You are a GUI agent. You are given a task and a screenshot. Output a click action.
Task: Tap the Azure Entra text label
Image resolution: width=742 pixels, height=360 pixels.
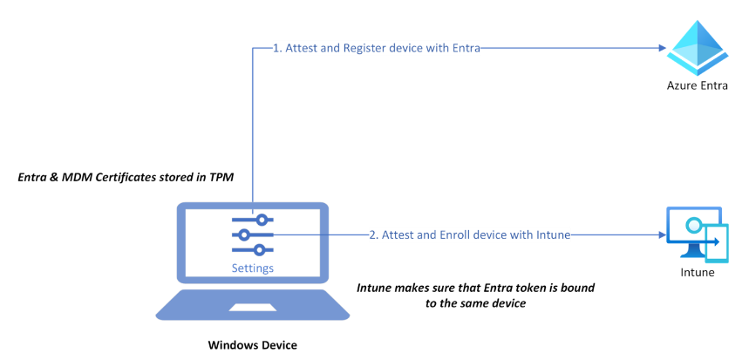click(697, 85)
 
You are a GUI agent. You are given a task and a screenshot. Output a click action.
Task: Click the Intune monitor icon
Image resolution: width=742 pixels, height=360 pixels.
click(697, 234)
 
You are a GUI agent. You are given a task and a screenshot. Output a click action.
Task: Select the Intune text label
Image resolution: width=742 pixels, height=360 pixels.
click(697, 273)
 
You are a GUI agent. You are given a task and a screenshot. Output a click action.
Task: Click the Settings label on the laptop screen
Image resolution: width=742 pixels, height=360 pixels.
click(252, 268)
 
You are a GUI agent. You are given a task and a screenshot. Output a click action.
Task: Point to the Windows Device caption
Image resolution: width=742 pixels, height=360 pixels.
click(252, 345)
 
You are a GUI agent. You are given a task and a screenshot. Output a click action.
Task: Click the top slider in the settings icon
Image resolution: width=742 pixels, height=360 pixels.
click(252, 219)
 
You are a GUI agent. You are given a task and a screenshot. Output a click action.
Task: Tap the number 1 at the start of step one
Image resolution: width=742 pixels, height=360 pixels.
click(276, 49)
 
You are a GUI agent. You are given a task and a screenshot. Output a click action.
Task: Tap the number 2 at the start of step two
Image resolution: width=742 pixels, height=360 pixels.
click(372, 234)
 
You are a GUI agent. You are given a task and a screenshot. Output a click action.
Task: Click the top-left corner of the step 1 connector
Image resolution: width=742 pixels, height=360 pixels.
click(253, 50)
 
